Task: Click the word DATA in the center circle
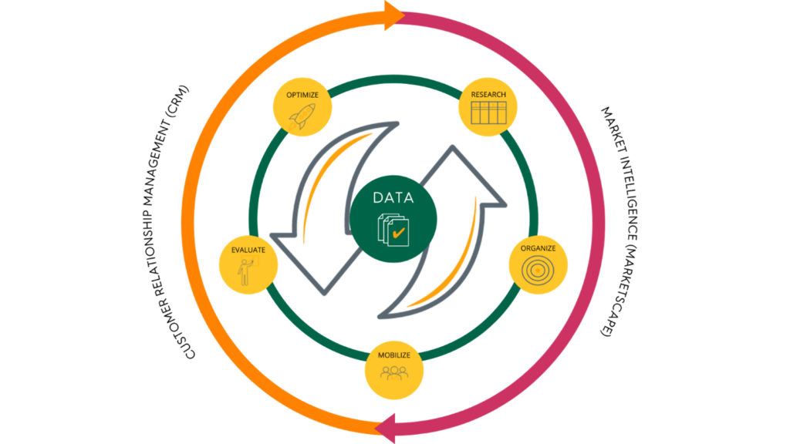[x=393, y=198]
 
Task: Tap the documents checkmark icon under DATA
[x=393, y=230]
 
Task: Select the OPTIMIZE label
[x=302, y=95]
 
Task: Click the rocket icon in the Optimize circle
[x=302, y=117]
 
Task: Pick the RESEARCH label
[x=488, y=95]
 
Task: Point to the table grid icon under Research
[x=488, y=113]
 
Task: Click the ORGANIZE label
[x=538, y=248]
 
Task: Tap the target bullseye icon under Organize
[x=538, y=271]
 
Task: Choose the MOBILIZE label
[x=394, y=355]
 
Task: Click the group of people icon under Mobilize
[x=394, y=373]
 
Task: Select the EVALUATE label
[x=248, y=250]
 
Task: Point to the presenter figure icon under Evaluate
[x=248, y=271]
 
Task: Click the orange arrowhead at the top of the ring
[x=394, y=15]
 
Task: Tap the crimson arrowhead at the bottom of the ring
[x=386, y=429]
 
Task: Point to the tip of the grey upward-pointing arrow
[x=452, y=146]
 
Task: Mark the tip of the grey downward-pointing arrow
[x=325, y=294]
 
